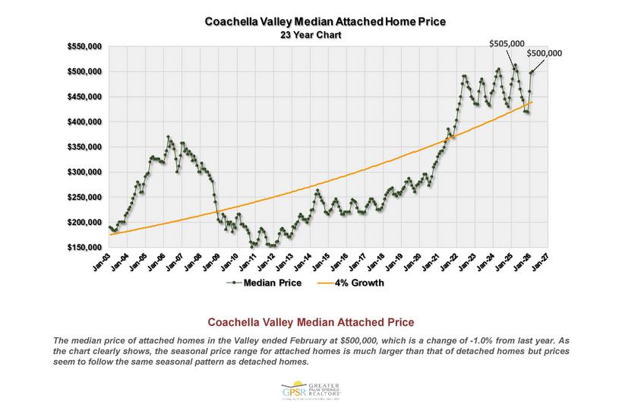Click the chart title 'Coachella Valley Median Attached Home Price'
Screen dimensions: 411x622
pyautogui.click(x=325, y=21)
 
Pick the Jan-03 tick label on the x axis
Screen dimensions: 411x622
pyautogui.click(x=100, y=264)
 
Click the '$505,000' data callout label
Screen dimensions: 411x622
pyautogui.click(x=507, y=44)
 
